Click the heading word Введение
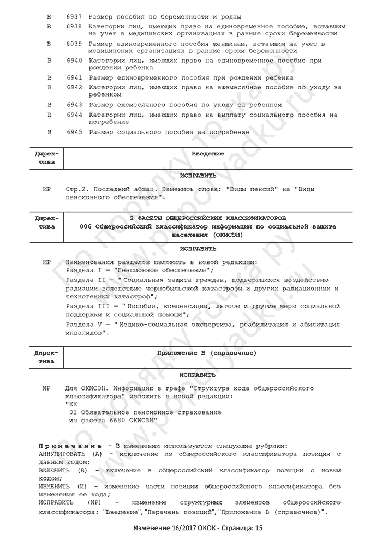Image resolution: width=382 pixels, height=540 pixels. [x=207, y=154]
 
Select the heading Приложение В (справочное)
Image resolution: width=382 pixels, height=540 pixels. [x=207, y=353]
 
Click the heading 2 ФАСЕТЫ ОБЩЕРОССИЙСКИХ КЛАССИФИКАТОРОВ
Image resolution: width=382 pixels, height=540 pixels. [x=207, y=218]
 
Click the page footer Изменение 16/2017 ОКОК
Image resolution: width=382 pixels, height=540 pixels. [x=176, y=528]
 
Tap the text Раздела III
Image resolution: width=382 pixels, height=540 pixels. [x=86, y=307]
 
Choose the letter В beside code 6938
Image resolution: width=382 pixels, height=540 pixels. [x=49, y=26]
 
